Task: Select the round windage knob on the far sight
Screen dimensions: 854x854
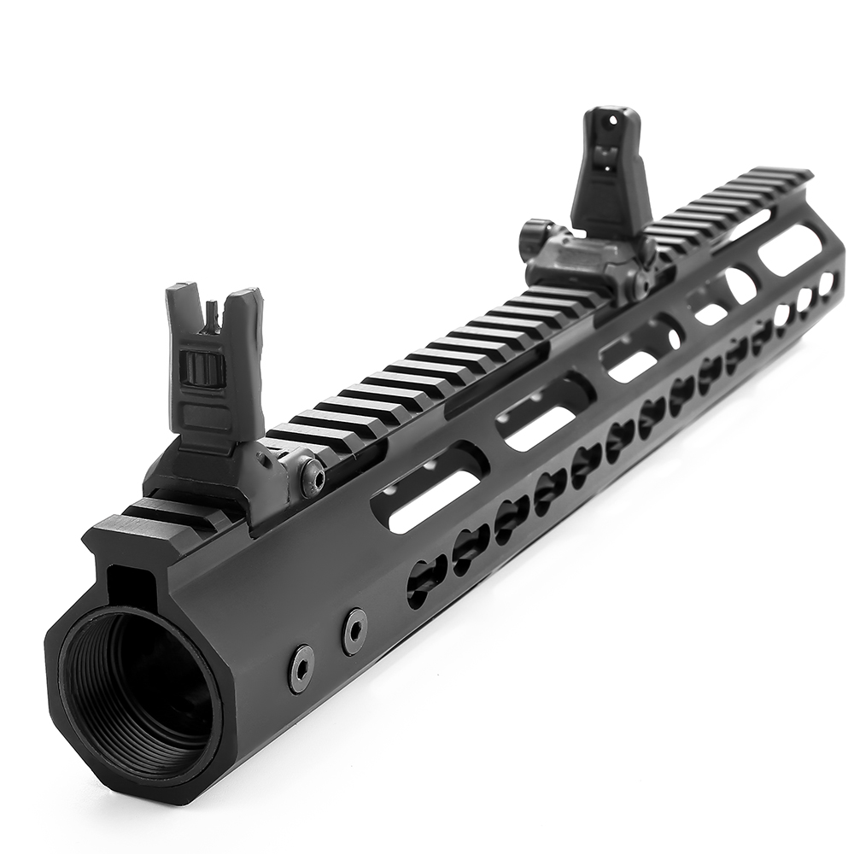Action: tap(535, 234)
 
